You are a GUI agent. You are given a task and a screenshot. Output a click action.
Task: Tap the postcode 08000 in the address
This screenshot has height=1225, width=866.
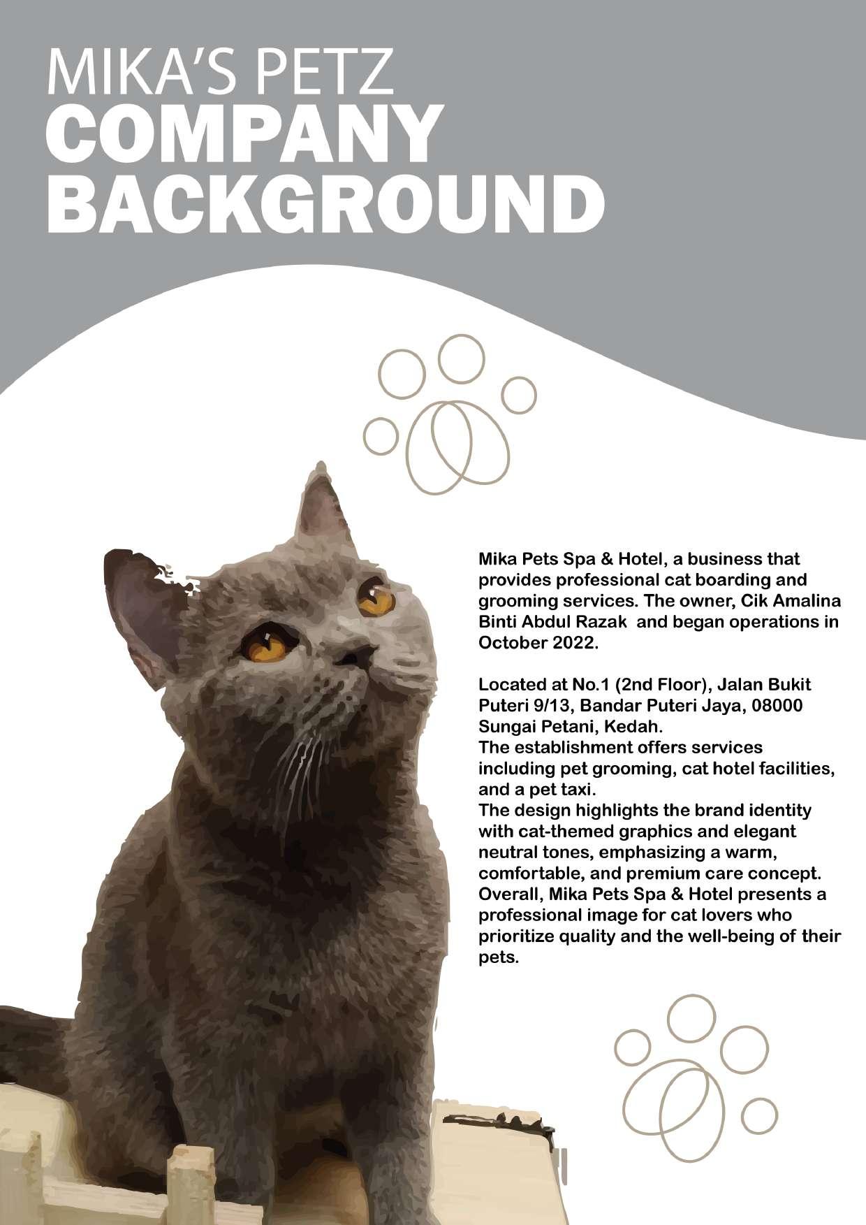tap(777, 706)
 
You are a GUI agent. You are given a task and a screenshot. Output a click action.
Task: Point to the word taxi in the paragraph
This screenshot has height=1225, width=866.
tap(578, 790)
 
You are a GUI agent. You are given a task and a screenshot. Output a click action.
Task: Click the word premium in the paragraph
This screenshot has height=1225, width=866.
tap(659, 874)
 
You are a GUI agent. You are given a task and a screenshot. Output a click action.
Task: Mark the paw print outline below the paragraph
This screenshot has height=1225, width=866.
tap(694, 1080)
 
